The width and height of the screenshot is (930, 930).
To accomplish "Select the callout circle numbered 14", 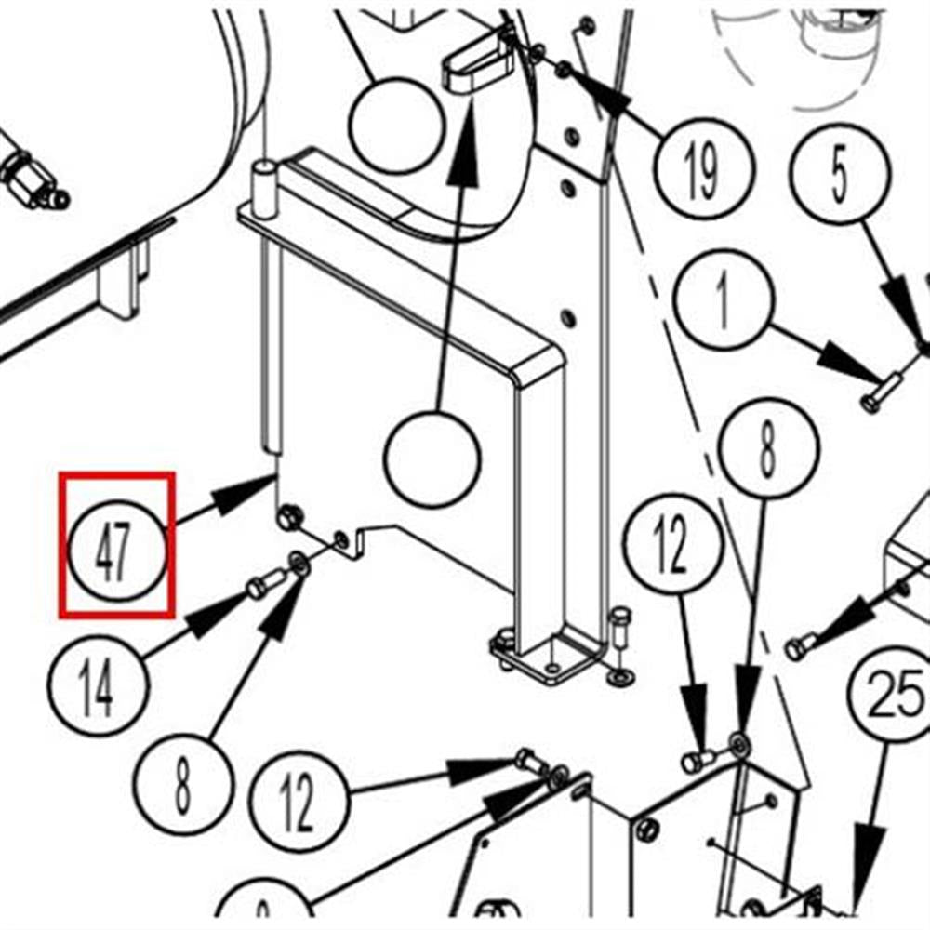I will click(98, 687).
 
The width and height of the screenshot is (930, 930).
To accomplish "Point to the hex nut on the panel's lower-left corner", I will click(288, 517).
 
